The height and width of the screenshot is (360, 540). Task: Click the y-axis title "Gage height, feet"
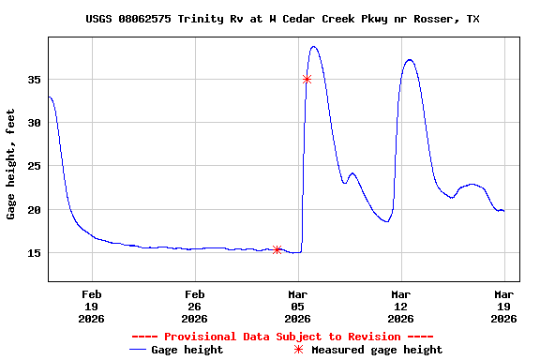pos(11,163)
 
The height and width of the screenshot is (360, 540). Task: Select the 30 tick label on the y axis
pos(33,123)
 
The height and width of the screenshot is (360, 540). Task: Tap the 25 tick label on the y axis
pos(33,166)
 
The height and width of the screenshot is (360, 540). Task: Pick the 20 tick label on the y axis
pos(33,209)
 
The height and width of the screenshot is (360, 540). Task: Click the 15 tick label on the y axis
pos(33,253)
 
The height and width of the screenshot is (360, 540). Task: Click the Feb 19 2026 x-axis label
pos(91,306)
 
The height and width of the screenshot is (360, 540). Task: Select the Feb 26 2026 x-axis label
pos(194,306)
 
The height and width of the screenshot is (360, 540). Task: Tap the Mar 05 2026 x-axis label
pos(297,306)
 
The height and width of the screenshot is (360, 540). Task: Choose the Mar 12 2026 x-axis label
pos(400,306)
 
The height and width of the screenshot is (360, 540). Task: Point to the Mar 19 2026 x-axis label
pos(503,306)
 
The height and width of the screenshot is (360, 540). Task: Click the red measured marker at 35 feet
pos(307,79)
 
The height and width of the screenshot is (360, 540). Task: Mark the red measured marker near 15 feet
pos(277,249)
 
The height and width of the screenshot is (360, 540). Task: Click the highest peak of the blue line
pos(314,47)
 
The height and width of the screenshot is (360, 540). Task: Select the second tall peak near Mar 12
pos(410,60)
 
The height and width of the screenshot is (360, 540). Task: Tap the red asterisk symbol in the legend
pos(299,350)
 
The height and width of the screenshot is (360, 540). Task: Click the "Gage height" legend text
pos(189,350)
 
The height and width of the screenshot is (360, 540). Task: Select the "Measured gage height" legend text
pos(377,350)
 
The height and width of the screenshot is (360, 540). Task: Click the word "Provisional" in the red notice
pos(200,337)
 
